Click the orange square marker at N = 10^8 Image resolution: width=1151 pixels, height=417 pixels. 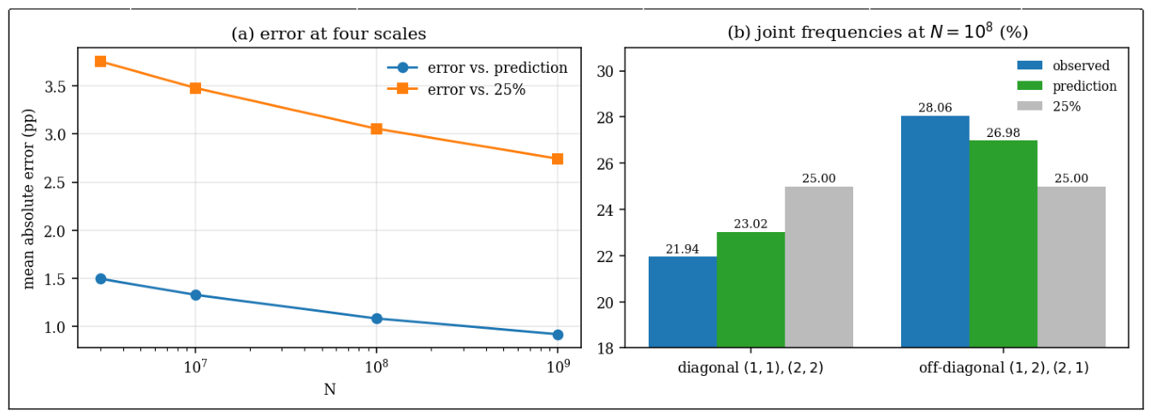tap(377, 128)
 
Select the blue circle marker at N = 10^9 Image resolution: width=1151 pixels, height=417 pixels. tap(557, 335)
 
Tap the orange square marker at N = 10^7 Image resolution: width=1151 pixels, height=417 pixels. tap(195, 88)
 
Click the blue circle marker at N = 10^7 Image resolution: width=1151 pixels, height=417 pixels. tap(195, 295)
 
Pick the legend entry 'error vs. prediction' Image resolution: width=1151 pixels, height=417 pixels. tap(478, 68)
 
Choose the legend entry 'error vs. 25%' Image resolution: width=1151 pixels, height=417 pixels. tap(456, 89)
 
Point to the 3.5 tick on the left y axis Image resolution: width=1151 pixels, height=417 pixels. tap(56, 86)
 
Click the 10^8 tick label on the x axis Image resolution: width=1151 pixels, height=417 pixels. tap(376, 366)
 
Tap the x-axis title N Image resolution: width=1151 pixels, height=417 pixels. tap(329, 390)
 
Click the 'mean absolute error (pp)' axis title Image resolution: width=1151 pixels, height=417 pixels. tap(29, 199)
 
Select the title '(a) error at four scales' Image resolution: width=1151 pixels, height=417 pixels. tap(329, 34)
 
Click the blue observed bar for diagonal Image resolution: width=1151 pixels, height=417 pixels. tap(682, 301)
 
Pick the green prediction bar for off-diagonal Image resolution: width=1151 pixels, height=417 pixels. tap(1003, 244)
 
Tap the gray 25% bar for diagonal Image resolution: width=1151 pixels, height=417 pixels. tap(819, 267)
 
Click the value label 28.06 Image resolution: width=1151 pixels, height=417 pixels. tap(935, 108)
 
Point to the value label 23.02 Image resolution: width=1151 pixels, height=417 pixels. tap(751, 223)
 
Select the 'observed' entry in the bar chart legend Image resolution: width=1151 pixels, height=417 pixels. tap(1064, 65)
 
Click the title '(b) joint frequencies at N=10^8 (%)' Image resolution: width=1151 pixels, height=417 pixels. tap(878, 32)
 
